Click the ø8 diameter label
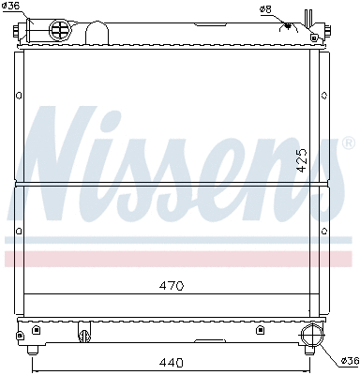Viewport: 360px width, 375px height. (265, 9)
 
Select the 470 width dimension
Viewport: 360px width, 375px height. (170, 285)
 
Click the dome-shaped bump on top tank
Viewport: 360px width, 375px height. (98, 33)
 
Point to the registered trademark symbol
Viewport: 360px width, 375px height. (349, 143)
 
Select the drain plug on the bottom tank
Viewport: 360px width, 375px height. (83, 334)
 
